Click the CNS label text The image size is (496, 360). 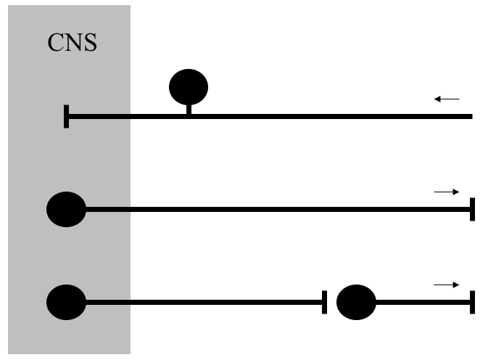[73, 42]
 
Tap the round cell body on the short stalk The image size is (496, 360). [189, 87]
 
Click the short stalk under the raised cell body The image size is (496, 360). [189, 110]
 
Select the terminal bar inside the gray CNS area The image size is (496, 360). [67, 116]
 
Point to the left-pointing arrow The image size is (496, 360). [447, 99]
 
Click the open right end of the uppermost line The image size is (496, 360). [471, 116]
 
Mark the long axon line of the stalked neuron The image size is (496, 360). [326, 116]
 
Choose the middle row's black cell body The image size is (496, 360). [66, 210]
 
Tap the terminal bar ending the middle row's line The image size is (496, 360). [472, 209]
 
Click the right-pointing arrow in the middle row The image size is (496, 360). [447, 192]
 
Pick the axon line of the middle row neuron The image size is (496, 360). [276, 210]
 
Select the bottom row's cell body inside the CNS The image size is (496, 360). [66, 302]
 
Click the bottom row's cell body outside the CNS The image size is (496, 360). [356, 302]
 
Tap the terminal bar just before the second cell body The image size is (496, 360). [324, 302]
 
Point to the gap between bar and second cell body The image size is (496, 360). [331, 302]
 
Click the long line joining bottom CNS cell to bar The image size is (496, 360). [203, 302]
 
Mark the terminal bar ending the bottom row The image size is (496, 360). [472, 302]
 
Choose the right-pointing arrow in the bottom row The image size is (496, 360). [447, 285]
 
